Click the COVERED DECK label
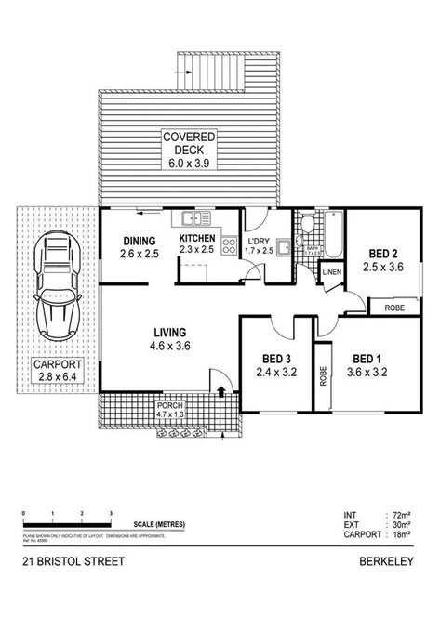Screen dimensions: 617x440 (190, 148)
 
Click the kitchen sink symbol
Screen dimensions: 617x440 (194, 219)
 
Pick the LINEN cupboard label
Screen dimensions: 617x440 (331, 271)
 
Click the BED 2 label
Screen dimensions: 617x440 (383, 259)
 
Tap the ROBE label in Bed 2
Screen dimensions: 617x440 (392, 306)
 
